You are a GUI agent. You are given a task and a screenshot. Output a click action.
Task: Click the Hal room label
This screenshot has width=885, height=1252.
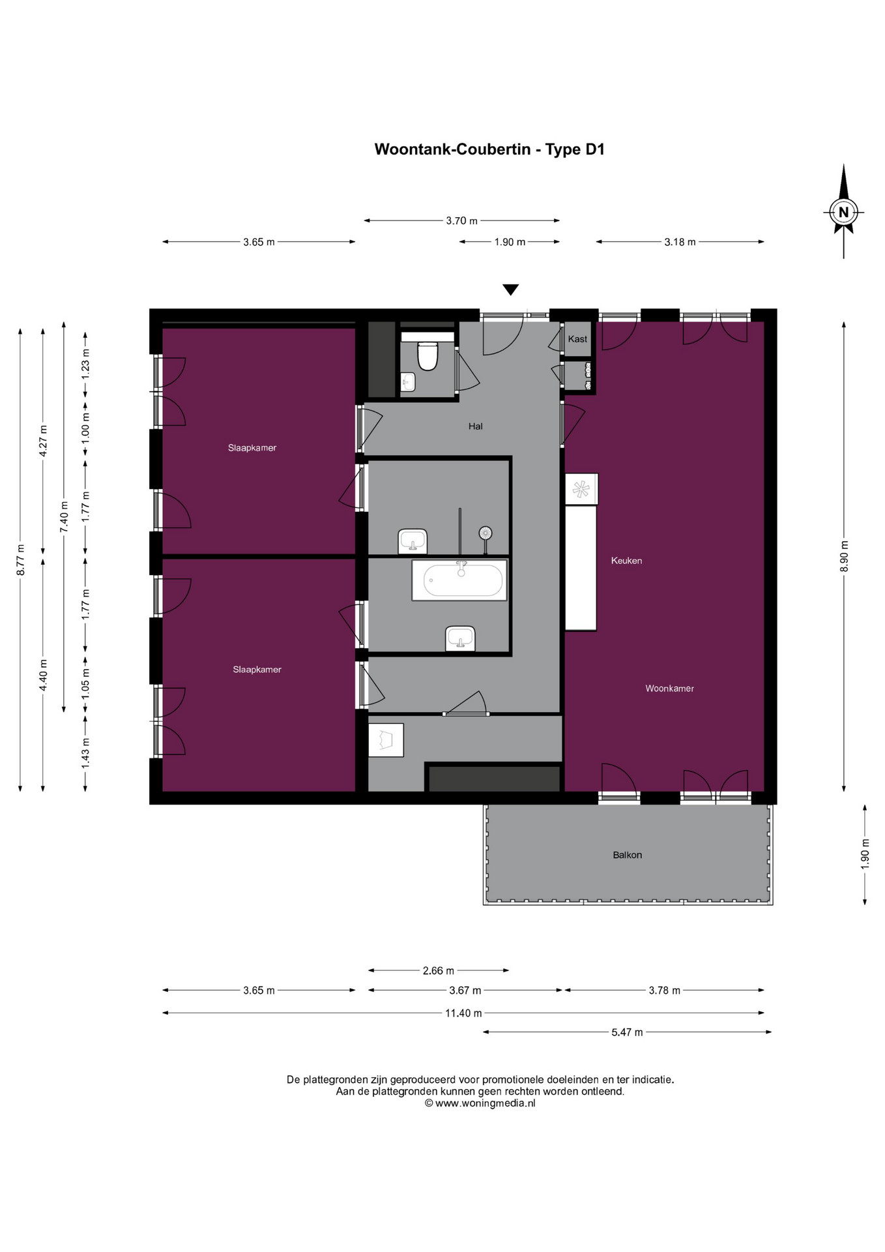(x=475, y=426)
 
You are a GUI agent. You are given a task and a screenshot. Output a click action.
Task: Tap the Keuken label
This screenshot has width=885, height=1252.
(x=626, y=560)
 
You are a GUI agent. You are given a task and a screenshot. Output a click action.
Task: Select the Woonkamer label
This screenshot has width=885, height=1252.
(x=669, y=688)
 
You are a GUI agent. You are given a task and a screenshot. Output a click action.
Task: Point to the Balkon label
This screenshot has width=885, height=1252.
(x=627, y=855)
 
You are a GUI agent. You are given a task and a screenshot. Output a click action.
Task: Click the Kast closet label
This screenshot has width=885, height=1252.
(x=577, y=339)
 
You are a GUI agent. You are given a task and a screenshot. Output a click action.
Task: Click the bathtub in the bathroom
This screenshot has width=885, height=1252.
(x=460, y=580)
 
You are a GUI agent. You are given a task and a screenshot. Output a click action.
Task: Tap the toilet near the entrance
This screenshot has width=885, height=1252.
(x=428, y=356)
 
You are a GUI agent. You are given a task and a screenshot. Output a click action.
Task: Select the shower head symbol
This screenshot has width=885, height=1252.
(x=485, y=533)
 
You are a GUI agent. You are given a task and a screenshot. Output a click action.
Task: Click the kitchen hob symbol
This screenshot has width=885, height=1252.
(x=581, y=489)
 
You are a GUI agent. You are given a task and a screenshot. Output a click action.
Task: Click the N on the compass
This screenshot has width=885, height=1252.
(x=843, y=212)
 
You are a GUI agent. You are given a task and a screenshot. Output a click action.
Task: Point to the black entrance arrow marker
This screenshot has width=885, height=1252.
(x=510, y=290)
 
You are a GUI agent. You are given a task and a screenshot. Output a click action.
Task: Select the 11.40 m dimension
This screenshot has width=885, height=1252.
(x=463, y=1013)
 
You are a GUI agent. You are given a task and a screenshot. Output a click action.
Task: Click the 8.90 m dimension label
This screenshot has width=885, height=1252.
(x=845, y=556)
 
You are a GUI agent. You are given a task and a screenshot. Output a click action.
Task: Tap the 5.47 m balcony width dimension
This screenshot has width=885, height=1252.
(x=627, y=1032)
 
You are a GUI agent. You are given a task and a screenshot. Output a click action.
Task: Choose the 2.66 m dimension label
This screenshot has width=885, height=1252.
(x=438, y=971)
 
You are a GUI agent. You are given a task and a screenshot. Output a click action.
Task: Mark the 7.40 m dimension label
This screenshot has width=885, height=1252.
(x=64, y=516)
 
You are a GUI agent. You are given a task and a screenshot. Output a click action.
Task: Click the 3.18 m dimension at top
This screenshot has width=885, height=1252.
(x=680, y=242)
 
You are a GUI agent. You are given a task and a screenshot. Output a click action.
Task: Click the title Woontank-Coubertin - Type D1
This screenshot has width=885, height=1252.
(x=489, y=149)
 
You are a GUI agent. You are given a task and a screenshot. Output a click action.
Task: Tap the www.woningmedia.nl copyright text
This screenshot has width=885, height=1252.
(x=480, y=1103)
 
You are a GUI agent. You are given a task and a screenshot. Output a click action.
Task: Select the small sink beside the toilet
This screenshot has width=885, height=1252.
(x=408, y=381)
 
